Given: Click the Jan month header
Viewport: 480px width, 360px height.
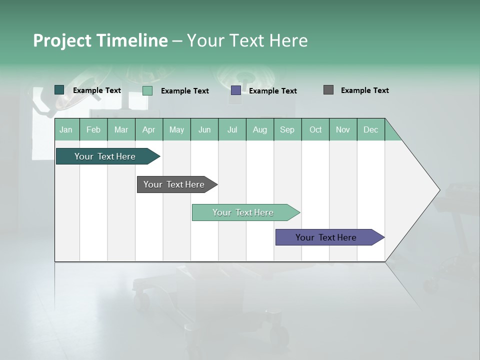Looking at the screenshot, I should click(66, 129).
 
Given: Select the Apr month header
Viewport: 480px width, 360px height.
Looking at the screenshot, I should click(148, 129).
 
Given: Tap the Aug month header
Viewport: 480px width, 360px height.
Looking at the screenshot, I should click(259, 129).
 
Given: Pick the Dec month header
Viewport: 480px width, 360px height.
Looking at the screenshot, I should click(370, 129).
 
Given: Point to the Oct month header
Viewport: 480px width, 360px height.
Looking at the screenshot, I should click(315, 129).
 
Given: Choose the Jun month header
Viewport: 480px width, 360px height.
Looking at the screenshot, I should click(204, 129).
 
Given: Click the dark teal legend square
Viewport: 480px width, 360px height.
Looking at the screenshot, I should click(59, 90).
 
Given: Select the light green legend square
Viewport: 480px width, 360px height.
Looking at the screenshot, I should click(147, 90).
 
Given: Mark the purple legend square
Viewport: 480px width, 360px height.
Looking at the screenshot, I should click(236, 90).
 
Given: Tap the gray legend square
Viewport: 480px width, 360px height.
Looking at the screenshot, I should click(328, 90).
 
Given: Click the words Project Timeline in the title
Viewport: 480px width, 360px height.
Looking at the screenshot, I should click(100, 40).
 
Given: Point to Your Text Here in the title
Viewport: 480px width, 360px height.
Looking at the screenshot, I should click(247, 40).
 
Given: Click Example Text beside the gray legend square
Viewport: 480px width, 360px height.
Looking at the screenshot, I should click(364, 90).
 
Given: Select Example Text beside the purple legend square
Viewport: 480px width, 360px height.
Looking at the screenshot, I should click(272, 91).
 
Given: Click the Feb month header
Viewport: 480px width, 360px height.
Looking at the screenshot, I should click(93, 129).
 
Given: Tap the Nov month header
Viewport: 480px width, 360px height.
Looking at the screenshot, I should click(343, 129).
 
